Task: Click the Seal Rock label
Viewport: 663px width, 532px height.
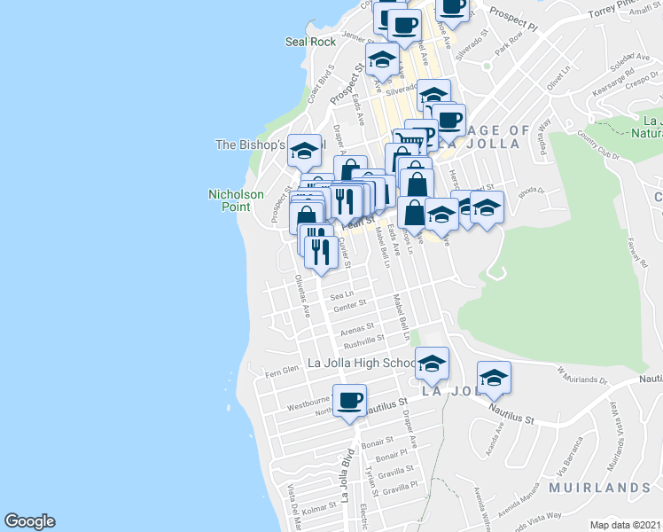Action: pyautogui.click(x=310, y=42)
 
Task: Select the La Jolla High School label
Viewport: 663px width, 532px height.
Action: pyautogui.click(x=362, y=363)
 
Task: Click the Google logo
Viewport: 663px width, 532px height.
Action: pyautogui.click(x=29, y=521)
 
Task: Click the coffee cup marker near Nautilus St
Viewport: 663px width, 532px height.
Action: pyautogui.click(x=349, y=401)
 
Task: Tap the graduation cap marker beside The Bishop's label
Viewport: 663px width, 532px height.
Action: pyautogui.click(x=304, y=151)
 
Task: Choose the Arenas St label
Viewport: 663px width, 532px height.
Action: pyautogui.click(x=358, y=327)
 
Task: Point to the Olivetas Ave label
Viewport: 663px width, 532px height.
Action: pyautogui.click(x=302, y=295)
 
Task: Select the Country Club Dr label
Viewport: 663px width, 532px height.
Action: pyautogui.click(x=596, y=142)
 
